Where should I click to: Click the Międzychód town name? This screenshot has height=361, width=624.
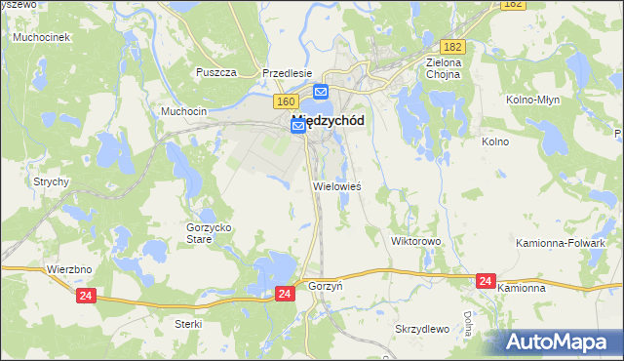(x=329, y=121)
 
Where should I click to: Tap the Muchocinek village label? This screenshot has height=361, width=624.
(x=40, y=37)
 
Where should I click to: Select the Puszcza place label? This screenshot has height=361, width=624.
(x=216, y=72)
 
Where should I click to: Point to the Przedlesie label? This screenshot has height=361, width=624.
(x=287, y=72)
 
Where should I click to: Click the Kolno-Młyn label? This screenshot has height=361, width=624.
(x=530, y=100)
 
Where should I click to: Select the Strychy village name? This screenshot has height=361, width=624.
(x=51, y=181)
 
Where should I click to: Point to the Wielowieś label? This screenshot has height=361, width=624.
(x=337, y=185)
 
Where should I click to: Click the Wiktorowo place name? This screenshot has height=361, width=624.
(x=416, y=240)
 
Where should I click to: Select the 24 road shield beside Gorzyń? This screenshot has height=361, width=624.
(x=285, y=293)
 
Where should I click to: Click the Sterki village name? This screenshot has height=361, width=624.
(x=187, y=323)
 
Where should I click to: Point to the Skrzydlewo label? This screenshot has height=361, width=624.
(x=422, y=329)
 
